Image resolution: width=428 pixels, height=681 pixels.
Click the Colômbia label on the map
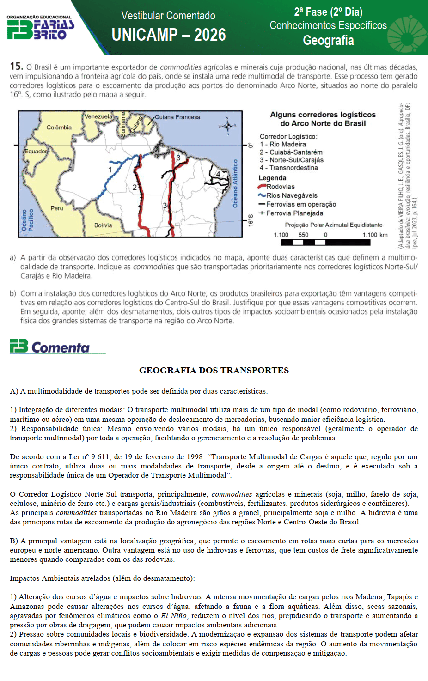point(59,128)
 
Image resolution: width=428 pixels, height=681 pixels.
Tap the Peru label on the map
point(57,208)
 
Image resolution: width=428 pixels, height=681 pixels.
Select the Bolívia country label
point(103,225)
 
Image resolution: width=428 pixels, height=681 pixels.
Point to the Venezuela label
point(98,116)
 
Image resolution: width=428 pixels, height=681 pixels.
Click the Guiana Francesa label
point(177,117)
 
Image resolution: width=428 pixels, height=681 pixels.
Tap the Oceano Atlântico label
point(235,183)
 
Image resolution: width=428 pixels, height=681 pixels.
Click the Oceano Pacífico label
point(28,220)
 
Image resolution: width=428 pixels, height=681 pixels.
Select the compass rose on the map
point(227,126)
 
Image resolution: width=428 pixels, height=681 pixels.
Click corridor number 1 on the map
point(110,170)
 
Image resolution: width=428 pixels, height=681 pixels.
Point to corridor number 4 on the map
point(218,174)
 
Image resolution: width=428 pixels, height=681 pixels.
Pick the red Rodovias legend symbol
point(262,187)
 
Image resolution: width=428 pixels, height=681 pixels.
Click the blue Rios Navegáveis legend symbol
point(262,195)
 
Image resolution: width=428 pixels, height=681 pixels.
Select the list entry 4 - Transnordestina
point(289,168)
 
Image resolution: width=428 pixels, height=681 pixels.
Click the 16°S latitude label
point(251,220)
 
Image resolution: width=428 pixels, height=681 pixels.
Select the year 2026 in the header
point(210,35)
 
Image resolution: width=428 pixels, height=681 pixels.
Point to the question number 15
point(16,67)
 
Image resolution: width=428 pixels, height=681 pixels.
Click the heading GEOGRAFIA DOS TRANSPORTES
point(214,371)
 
